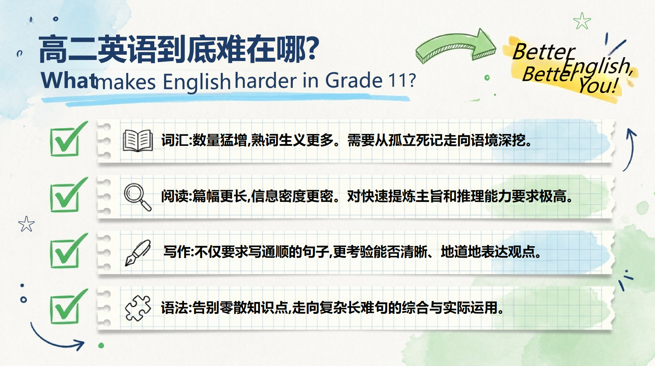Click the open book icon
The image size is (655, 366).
(137, 140)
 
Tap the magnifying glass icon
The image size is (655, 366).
(137, 197)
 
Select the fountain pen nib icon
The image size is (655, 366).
(138, 253)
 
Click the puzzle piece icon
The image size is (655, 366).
(138, 308)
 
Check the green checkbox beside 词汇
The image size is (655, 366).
(68, 139)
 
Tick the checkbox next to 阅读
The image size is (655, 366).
(68, 195)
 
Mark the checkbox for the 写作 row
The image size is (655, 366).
(68, 251)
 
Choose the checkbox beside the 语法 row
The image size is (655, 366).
(68, 307)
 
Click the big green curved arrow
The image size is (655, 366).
(455, 46)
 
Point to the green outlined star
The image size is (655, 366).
(582, 21)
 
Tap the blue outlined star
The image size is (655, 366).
(26, 224)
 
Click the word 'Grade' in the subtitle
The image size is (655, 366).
(354, 80)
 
